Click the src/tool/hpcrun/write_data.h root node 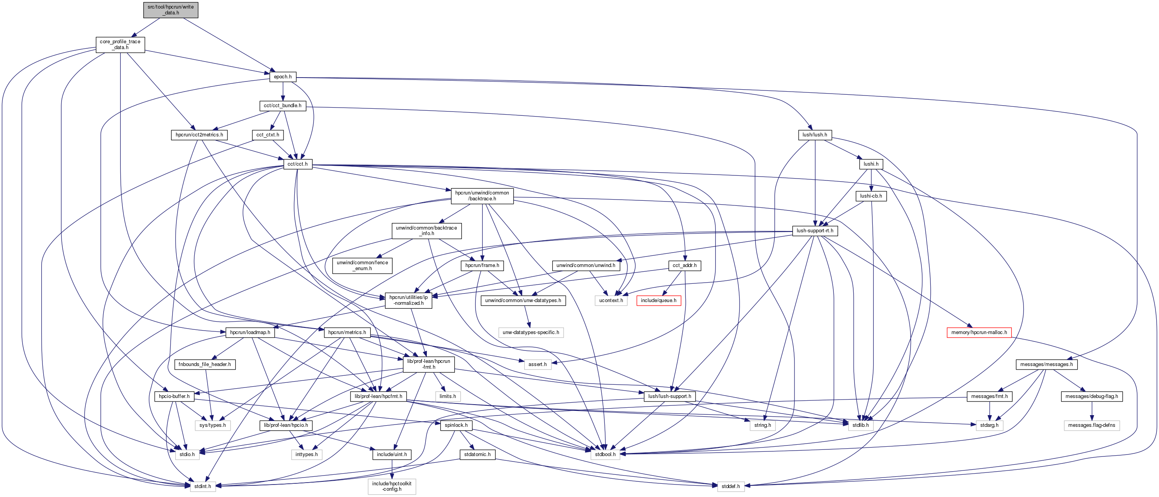pyautogui.click(x=171, y=10)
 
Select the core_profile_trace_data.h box pyautogui.click(x=120, y=44)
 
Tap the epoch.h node pyautogui.click(x=283, y=76)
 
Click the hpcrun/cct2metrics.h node pyautogui.click(x=199, y=134)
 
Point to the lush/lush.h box pyautogui.click(x=814, y=134)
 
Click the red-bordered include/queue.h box pyautogui.click(x=658, y=300)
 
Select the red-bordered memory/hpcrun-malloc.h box pyautogui.click(x=979, y=332)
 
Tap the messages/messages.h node pyautogui.click(x=1046, y=364)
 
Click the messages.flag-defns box pyautogui.click(x=1091, y=425)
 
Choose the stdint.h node pyautogui.click(x=203, y=486)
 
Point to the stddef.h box pyautogui.click(x=730, y=486)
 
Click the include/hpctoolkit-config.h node pyautogui.click(x=391, y=486)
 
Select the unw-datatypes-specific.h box pyautogui.click(x=530, y=332)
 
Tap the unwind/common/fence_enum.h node pyautogui.click(x=362, y=265)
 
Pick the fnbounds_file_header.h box pyautogui.click(x=205, y=364)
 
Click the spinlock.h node pyautogui.click(x=456, y=425)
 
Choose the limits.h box pyautogui.click(x=448, y=396)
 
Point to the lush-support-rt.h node pyautogui.click(x=814, y=230)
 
